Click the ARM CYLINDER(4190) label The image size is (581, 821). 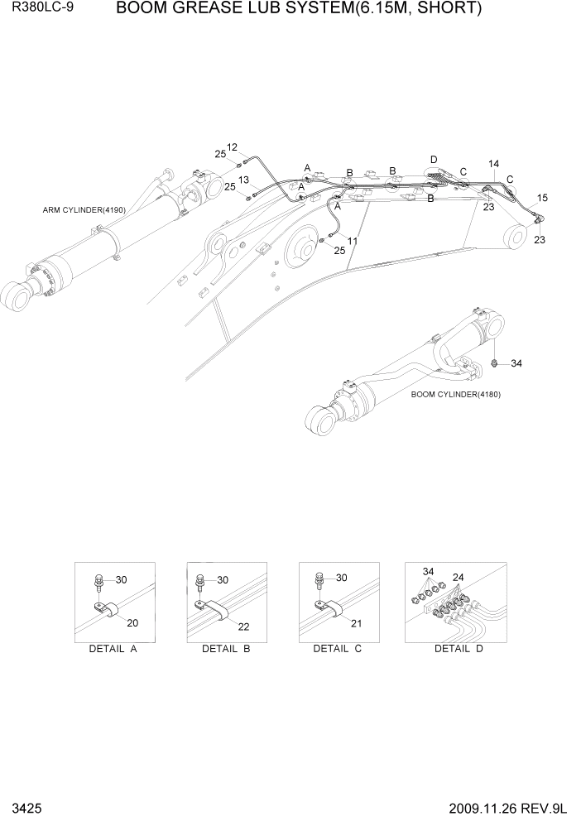pyautogui.click(x=84, y=210)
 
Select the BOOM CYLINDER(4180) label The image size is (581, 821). pyautogui.click(x=455, y=394)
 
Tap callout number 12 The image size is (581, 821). pyautogui.click(x=232, y=147)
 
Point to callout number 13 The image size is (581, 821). pyautogui.click(x=244, y=180)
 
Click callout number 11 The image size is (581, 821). pyautogui.click(x=353, y=241)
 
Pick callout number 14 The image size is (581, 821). pyautogui.click(x=493, y=164)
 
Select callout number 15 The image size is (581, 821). pyautogui.click(x=542, y=198)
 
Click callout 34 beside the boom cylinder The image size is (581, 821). pyautogui.click(x=516, y=363)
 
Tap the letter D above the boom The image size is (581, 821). pyautogui.click(x=433, y=159)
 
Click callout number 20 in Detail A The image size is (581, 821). pyautogui.click(x=132, y=622)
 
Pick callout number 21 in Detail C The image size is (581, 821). pyautogui.click(x=357, y=622)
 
